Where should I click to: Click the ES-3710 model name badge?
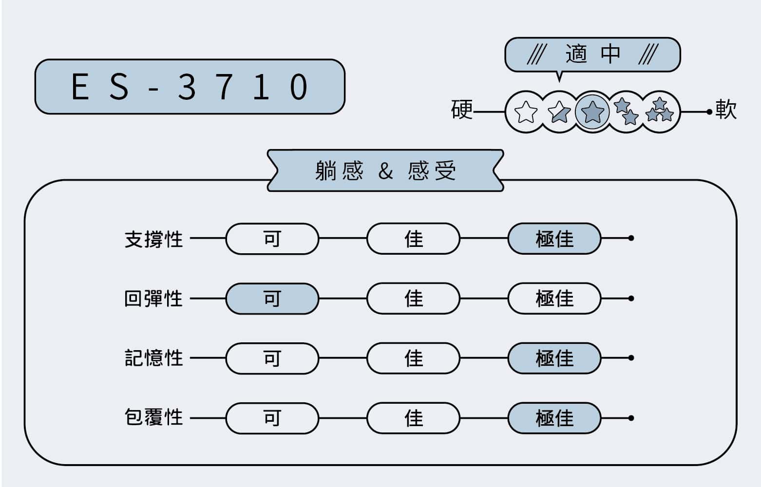(190, 87)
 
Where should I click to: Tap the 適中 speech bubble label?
(593, 55)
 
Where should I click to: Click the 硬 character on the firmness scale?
(462, 110)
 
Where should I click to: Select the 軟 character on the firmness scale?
(726, 110)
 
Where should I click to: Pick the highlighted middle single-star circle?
(592, 112)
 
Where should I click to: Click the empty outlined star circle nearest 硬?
(526, 112)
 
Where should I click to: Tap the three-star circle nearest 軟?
(660, 112)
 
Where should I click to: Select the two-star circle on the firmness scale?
(626, 112)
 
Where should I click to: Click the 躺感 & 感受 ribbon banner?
(385, 170)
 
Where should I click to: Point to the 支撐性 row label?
(154, 239)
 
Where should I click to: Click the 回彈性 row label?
(154, 299)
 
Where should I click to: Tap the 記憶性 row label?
(154, 358)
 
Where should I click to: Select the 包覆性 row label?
(154, 418)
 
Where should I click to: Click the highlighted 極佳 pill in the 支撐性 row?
(554, 239)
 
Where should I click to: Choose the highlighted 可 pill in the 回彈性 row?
(272, 299)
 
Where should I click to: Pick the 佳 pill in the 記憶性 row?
(414, 358)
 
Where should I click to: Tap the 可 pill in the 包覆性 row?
(272, 418)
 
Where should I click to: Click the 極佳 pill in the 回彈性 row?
(554, 299)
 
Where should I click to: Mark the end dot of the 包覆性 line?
(631, 418)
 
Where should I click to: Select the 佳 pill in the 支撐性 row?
(414, 239)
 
